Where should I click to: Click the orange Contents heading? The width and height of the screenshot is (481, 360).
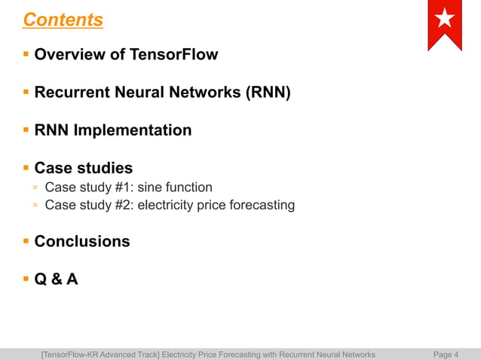point(63,20)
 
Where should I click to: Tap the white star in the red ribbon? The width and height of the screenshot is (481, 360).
point(445,20)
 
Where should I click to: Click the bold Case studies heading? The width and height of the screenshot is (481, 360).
point(83,168)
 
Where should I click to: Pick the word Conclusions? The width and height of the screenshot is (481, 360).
point(81,242)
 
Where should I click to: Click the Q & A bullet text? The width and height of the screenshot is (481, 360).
point(56,279)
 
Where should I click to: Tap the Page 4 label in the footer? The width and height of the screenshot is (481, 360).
point(446,354)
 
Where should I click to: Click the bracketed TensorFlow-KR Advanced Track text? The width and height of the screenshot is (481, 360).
point(101,354)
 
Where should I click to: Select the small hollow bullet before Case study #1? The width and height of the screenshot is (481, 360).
point(35,187)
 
